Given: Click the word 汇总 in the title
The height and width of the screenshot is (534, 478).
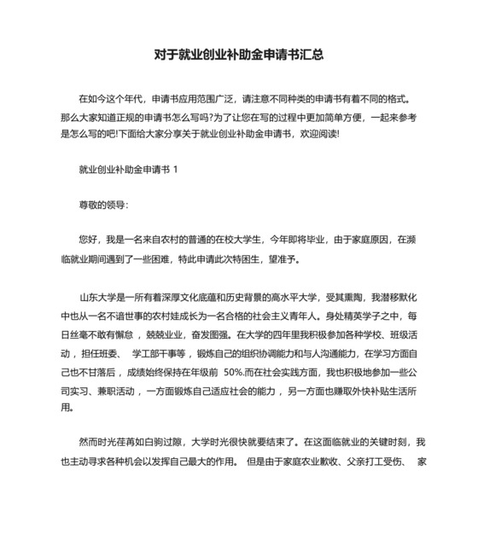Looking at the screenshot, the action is (312, 55).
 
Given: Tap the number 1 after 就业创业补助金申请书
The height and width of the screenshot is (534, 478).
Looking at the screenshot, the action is (176, 169).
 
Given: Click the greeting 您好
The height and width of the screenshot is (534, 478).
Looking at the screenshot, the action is (88, 242).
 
